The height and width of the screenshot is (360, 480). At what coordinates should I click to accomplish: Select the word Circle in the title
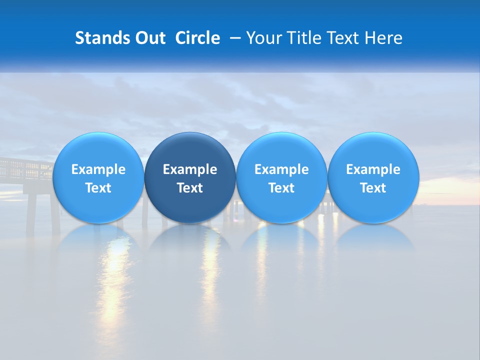[197, 38]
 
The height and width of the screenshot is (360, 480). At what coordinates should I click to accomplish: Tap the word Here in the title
[383, 38]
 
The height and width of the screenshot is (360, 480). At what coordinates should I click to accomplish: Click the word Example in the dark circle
[190, 169]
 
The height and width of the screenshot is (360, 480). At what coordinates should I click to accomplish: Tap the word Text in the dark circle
[190, 188]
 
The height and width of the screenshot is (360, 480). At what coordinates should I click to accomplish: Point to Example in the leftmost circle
[98, 169]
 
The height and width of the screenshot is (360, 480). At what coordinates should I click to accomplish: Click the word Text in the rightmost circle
[373, 188]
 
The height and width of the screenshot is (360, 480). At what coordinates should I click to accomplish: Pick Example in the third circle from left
[281, 169]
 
